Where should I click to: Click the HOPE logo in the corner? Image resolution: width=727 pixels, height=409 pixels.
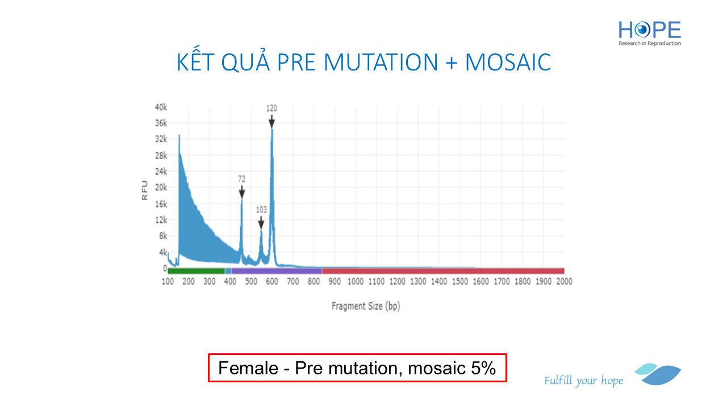point(650,33)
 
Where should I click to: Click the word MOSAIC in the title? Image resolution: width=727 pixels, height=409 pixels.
point(508,62)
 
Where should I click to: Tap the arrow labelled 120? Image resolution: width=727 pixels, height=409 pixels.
point(271,122)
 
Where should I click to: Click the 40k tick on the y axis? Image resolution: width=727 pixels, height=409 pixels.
point(161,107)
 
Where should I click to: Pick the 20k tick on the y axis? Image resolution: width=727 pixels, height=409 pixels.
point(161,187)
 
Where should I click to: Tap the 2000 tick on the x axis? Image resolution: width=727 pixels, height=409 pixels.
point(564,282)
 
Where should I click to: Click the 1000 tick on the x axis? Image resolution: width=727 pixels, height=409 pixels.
point(356,282)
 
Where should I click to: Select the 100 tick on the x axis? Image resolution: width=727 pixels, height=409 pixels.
point(168,282)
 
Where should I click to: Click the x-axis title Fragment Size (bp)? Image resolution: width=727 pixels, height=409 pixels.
point(366,306)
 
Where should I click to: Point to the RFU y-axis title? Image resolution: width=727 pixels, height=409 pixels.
point(145,190)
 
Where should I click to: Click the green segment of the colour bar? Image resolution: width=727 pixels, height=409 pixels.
point(196,271)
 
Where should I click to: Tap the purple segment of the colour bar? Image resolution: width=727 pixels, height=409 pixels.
point(277,271)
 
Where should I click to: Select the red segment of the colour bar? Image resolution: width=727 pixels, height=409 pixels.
point(443,271)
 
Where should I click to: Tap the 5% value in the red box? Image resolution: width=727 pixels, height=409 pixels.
point(483,368)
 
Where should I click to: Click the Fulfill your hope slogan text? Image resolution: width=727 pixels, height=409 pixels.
point(583,381)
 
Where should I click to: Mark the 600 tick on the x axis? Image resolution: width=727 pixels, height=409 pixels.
point(272,282)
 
